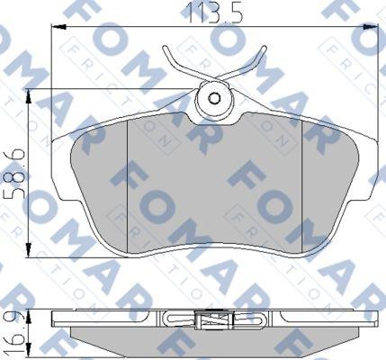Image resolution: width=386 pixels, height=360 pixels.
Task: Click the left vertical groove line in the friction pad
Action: (131, 180)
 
